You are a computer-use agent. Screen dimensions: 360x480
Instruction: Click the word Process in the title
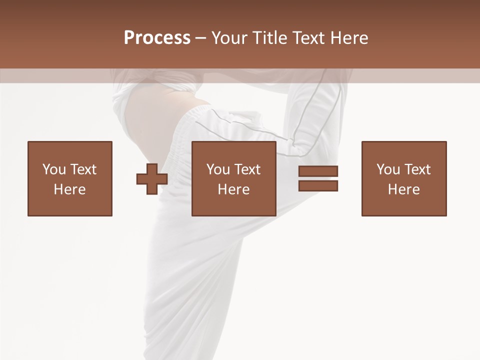(157, 38)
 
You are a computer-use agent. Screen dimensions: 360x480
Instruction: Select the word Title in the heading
(271, 38)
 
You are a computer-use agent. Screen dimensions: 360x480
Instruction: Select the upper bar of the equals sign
(318, 171)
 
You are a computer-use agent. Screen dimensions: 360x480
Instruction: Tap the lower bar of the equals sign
(318, 186)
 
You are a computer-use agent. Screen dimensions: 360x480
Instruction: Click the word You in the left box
(53, 169)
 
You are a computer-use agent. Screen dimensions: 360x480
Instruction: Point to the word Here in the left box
(69, 189)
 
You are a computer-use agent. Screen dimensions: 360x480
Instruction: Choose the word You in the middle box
(218, 169)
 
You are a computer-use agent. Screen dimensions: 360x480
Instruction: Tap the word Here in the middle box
(234, 189)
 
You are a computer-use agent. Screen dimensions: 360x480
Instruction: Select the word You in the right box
(388, 169)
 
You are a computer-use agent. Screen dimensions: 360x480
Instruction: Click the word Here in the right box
(404, 189)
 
